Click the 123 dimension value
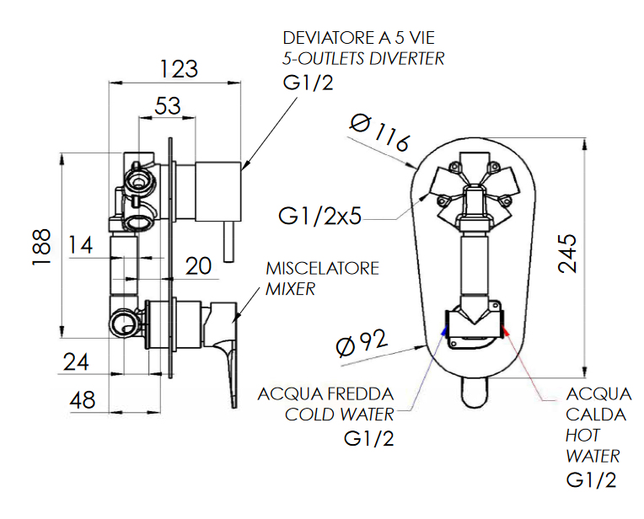[179, 69]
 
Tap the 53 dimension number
[168, 105]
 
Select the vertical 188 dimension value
[41, 247]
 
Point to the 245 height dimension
[567, 254]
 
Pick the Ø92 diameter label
[362, 343]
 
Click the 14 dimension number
[80, 245]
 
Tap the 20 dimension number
[198, 266]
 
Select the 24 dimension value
[76, 362]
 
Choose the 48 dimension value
[82, 399]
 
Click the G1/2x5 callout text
[319, 216]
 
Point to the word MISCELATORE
[322, 269]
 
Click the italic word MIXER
[290, 289]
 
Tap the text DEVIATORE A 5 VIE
[358, 38]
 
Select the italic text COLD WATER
[339, 415]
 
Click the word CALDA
[596, 415]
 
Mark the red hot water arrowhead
[506, 331]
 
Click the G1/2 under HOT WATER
[591, 480]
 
